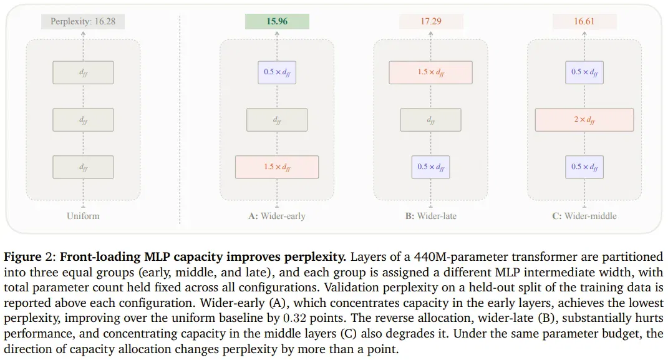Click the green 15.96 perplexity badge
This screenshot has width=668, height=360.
[x=277, y=21]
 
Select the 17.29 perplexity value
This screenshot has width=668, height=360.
[x=431, y=21]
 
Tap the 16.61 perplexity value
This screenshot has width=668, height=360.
[x=584, y=21]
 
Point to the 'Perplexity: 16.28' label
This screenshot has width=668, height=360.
[x=83, y=21]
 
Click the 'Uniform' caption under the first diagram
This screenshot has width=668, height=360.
[x=83, y=216]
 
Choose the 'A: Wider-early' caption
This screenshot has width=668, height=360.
[x=277, y=216]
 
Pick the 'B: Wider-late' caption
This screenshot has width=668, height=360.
[x=431, y=216]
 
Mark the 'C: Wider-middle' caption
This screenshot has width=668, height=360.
[x=584, y=216]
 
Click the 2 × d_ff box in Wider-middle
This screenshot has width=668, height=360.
[x=584, y=120]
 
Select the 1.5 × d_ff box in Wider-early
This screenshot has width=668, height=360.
[x=277, y=167]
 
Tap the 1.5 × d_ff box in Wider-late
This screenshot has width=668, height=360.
[x=431, y=72]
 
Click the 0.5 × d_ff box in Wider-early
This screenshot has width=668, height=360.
[x=277, y=72]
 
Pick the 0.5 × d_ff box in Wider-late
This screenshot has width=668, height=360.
[x=431, y=167]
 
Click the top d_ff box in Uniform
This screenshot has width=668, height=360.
[x=83, y=72]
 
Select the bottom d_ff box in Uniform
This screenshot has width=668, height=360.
[x=83, y=167]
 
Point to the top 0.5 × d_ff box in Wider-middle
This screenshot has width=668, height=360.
[x=584, y=72]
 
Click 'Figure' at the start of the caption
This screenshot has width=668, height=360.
[x=23, y=257]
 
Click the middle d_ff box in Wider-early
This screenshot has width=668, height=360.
[x=277, y=120]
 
